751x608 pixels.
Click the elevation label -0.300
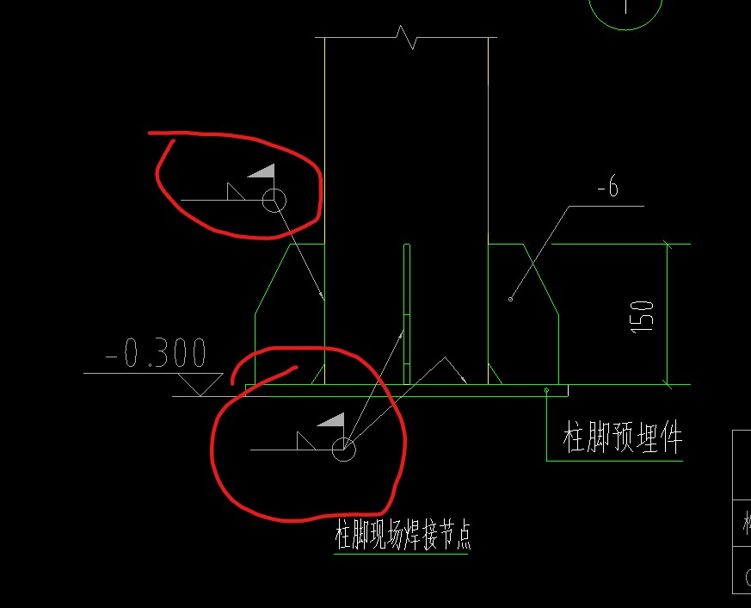156,355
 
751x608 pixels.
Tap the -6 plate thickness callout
607,189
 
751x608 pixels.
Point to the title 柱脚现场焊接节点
403,536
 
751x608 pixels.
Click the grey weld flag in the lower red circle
331,421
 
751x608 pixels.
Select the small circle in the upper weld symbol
274,201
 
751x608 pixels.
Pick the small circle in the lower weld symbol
343,449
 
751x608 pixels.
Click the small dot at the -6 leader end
511,299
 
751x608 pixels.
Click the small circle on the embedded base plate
547,390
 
